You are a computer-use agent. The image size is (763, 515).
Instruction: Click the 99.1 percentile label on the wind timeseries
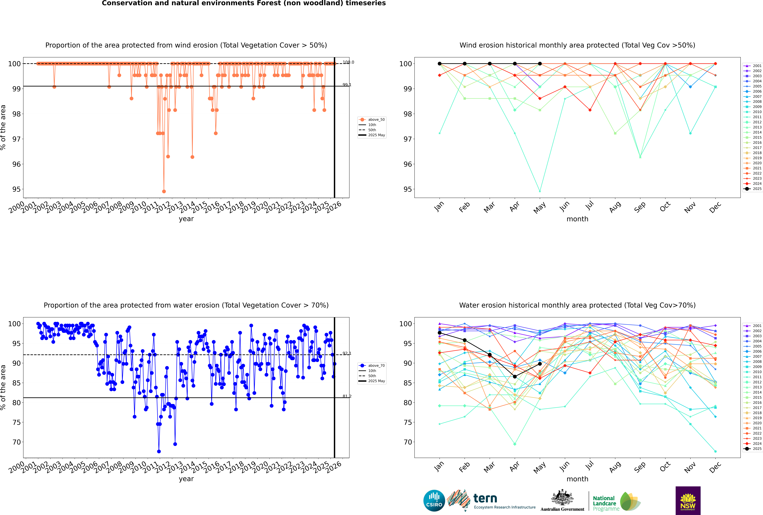point(347,85)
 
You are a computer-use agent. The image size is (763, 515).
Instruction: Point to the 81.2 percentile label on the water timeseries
point(347,396)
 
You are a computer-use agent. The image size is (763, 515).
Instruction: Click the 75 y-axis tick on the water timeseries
point(16,422)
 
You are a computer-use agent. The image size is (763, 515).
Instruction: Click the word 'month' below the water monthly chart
point(577,479)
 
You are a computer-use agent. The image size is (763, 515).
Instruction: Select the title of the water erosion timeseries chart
point(186,305)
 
